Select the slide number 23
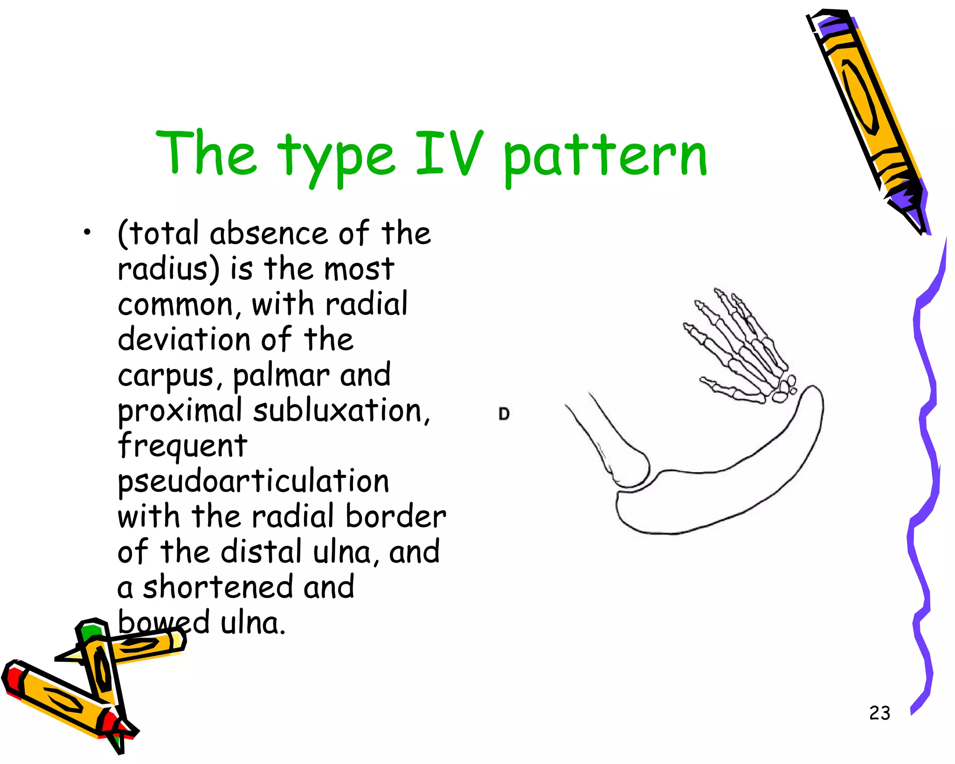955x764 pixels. (x=879, y=713)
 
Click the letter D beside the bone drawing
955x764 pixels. (x=504, y=414)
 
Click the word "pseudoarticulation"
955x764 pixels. (x=253, y=481)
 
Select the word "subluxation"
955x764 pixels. (x=340, y=410)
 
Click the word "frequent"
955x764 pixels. (x=182, y=446)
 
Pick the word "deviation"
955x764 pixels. (x=185, y=340)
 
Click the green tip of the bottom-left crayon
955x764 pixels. (x=90, y=632)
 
